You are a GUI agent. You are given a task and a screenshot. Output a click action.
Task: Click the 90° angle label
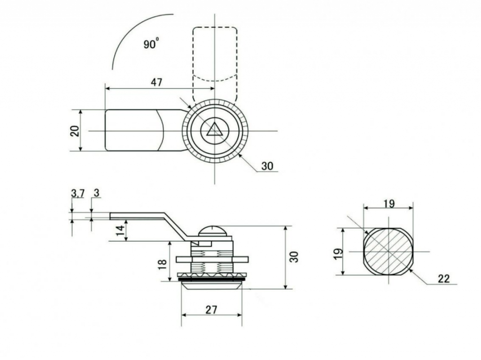[151, 43]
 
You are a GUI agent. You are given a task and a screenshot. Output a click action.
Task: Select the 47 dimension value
[156, 82]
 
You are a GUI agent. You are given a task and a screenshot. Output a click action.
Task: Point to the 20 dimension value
[75, 131]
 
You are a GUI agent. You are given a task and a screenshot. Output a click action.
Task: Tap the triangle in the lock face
[214, 129]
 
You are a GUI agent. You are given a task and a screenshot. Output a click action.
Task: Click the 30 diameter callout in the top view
[267, 166]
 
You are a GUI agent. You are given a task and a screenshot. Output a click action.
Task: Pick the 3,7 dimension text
[78, 193]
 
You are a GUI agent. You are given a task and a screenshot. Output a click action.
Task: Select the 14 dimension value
[121, 230]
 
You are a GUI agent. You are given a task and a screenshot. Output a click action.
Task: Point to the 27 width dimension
[211, 310]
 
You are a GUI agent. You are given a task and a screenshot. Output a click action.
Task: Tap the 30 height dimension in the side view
[294, 257]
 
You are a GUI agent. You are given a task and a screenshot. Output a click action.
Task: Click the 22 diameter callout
[443, 279]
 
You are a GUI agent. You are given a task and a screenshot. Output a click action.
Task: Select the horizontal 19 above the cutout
[389, 204]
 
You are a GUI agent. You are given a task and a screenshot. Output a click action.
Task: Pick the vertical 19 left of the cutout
[338, 254]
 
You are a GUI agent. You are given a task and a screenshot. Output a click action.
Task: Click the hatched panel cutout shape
[388, 251]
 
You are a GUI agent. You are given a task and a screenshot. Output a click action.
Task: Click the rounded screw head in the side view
[213, 231]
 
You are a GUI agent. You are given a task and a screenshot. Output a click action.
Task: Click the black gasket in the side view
[211, 279]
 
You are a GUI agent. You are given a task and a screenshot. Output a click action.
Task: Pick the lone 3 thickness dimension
[97, 193]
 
